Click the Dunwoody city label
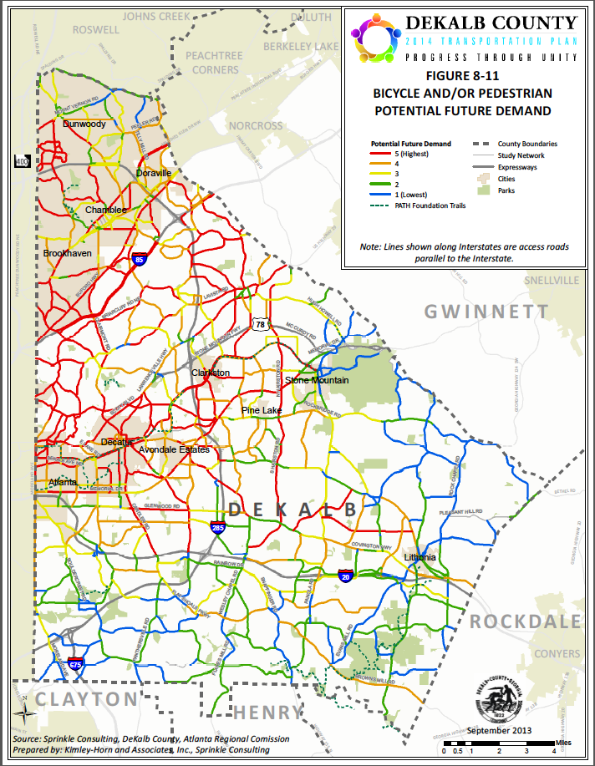tap(84, 124)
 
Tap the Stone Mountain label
tap(317, 381)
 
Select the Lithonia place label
tap(420, 557)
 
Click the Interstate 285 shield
tap(218, 527)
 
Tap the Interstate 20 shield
tap(346, 576)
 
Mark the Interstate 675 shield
tap(75, 666)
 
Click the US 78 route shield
tap(261, 323)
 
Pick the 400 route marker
tap(22, 161)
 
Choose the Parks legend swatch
tap(482, 190)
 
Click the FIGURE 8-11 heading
tap(462, 74)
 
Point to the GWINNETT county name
tap(486, 312)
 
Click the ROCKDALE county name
tap(525, 621)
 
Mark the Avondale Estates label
tap(174, 449)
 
